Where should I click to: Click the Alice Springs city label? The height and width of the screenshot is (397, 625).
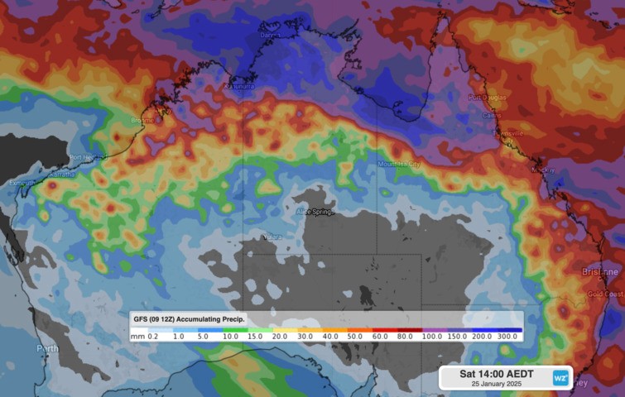click(x=315, y=213)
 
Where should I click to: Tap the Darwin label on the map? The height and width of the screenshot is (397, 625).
click(x=271, y=36)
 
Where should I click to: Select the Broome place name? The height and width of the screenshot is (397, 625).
click(x=142, y=121)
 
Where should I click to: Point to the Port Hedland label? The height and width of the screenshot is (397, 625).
click(x=85, y=157)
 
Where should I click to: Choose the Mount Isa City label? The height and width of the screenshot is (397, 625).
click(x=398, y=165)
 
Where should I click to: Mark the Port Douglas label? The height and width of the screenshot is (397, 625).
click(x=486, y=98)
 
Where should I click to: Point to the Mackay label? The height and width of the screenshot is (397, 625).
click(x=543, y=170)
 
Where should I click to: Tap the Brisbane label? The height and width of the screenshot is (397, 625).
click(x=599, y=271)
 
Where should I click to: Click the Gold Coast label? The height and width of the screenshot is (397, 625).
click(x=606, y=294)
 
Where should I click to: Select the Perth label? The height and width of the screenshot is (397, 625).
click(x=47, y=349)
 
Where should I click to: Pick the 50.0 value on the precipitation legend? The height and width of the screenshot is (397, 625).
click(x=355, y=337)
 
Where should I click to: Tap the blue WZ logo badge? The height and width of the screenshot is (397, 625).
click(x=560, y=376)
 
